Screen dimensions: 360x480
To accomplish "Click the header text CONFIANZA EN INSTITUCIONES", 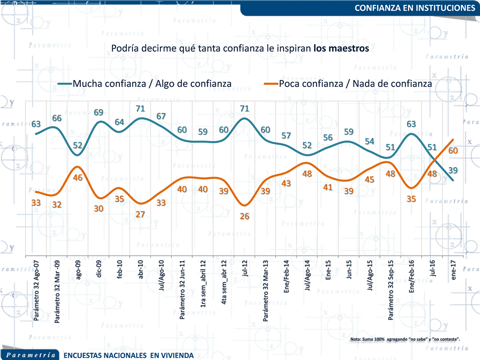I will tap(415, 8).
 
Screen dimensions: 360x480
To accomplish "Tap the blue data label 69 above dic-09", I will tap(99, 112).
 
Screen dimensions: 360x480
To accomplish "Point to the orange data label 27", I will tap(141, 215).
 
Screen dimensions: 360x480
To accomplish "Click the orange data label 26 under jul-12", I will tap(245, 216).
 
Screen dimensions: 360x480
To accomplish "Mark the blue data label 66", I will tap(57, 118).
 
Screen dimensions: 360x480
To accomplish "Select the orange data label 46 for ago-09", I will tap(78, 177).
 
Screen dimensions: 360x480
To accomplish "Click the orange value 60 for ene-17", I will tap(453, 150).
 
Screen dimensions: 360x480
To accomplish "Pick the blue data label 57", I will tap(286, 135).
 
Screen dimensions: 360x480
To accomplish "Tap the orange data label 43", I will tap(286, 183).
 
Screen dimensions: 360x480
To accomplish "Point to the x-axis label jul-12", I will tap(245, 270).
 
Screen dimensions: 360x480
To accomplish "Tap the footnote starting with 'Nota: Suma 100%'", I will tap(405, 340).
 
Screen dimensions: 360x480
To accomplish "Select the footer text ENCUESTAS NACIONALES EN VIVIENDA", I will tap(129, 355).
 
